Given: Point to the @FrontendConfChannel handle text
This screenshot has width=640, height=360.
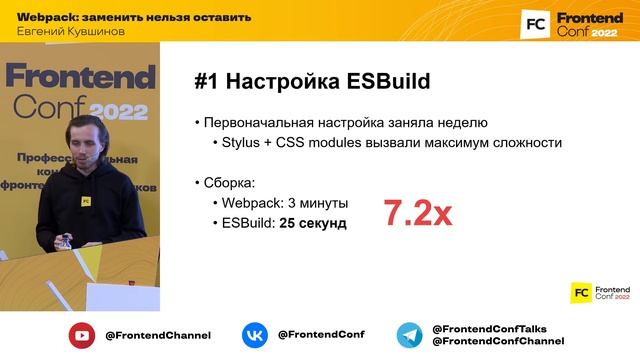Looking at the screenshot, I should click(497, 342).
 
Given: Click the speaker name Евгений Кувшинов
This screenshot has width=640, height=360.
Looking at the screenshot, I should click(69, 30).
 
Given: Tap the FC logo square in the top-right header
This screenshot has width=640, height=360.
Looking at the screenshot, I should click(535, 23).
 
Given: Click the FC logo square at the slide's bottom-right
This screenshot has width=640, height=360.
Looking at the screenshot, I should click(581, 292).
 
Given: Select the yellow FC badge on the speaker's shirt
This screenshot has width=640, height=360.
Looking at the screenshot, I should click(86, 199).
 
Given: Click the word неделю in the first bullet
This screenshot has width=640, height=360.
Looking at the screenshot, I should click(463, 123).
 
